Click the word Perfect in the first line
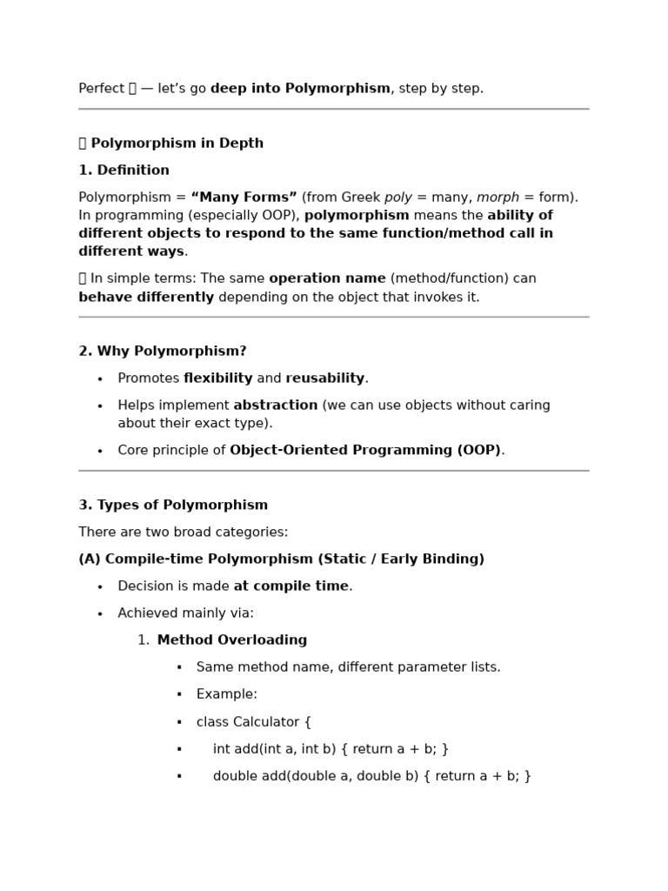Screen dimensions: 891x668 (101, 89)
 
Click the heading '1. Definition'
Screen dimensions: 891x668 (124, 171)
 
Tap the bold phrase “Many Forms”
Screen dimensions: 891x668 (244, 198)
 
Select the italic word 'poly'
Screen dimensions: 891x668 (397, 198)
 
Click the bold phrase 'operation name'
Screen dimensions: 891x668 (327, 278)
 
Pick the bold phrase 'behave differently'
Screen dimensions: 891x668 (146, 298)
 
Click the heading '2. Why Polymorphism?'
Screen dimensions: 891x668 (163, 352)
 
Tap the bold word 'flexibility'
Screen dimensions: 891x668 (217, 379)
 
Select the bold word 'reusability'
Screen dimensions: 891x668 (324, 379)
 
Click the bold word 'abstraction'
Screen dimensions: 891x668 (276, 405)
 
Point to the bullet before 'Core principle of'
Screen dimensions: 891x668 (100, 451)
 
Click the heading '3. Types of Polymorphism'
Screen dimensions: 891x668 (173, 506)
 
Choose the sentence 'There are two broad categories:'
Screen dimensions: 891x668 (183, 533)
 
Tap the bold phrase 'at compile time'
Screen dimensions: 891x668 (291, 586)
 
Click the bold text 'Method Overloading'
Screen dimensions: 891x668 (231, 640)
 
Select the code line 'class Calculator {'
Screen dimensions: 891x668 (253, 722)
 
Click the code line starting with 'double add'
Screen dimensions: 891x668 (371, 776)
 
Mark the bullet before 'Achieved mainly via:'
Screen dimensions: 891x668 (100, 614)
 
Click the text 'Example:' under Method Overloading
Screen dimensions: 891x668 (226, 694)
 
